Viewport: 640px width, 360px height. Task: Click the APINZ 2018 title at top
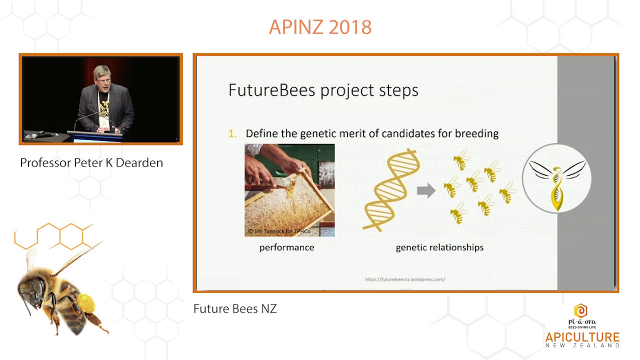coord(320,27)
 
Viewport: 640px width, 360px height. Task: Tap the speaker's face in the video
coord(103,77)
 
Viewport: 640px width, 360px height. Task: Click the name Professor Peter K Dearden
coord(91,163)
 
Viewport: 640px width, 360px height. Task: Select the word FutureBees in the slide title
coord(272,90)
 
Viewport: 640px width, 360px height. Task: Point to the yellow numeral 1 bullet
coord(232,133)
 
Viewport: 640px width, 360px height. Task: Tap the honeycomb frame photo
coord(289,190)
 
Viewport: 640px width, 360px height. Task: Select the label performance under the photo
coord(286,247)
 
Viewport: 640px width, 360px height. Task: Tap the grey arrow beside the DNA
coord(426,190)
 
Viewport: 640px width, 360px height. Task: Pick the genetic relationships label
coord(439,247)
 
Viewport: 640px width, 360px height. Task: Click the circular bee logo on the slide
coord(556,178)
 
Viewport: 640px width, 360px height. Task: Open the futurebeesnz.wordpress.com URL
coord(405,279)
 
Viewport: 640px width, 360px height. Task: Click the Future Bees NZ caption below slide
coord(235,308)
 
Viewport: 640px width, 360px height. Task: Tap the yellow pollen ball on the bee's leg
coord(86,303)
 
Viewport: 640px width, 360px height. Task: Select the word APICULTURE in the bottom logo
coord(582,337)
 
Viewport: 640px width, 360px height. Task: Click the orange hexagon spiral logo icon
coord(580,310)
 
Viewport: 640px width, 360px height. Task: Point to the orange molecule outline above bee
coord(55,235)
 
